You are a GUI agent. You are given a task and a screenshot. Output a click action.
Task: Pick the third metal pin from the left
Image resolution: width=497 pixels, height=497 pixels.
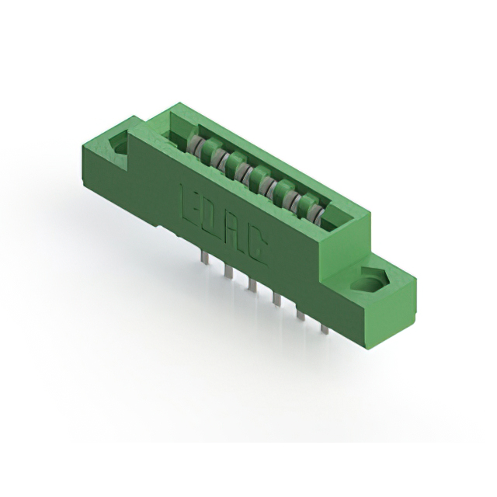[252, 284]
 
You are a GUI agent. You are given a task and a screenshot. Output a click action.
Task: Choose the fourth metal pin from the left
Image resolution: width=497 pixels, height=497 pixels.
[276, 300]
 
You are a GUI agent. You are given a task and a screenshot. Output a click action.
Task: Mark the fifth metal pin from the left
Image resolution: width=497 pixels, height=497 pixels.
[301, 315]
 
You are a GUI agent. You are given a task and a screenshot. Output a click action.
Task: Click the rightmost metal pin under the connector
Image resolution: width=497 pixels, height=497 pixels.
[325, 328]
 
